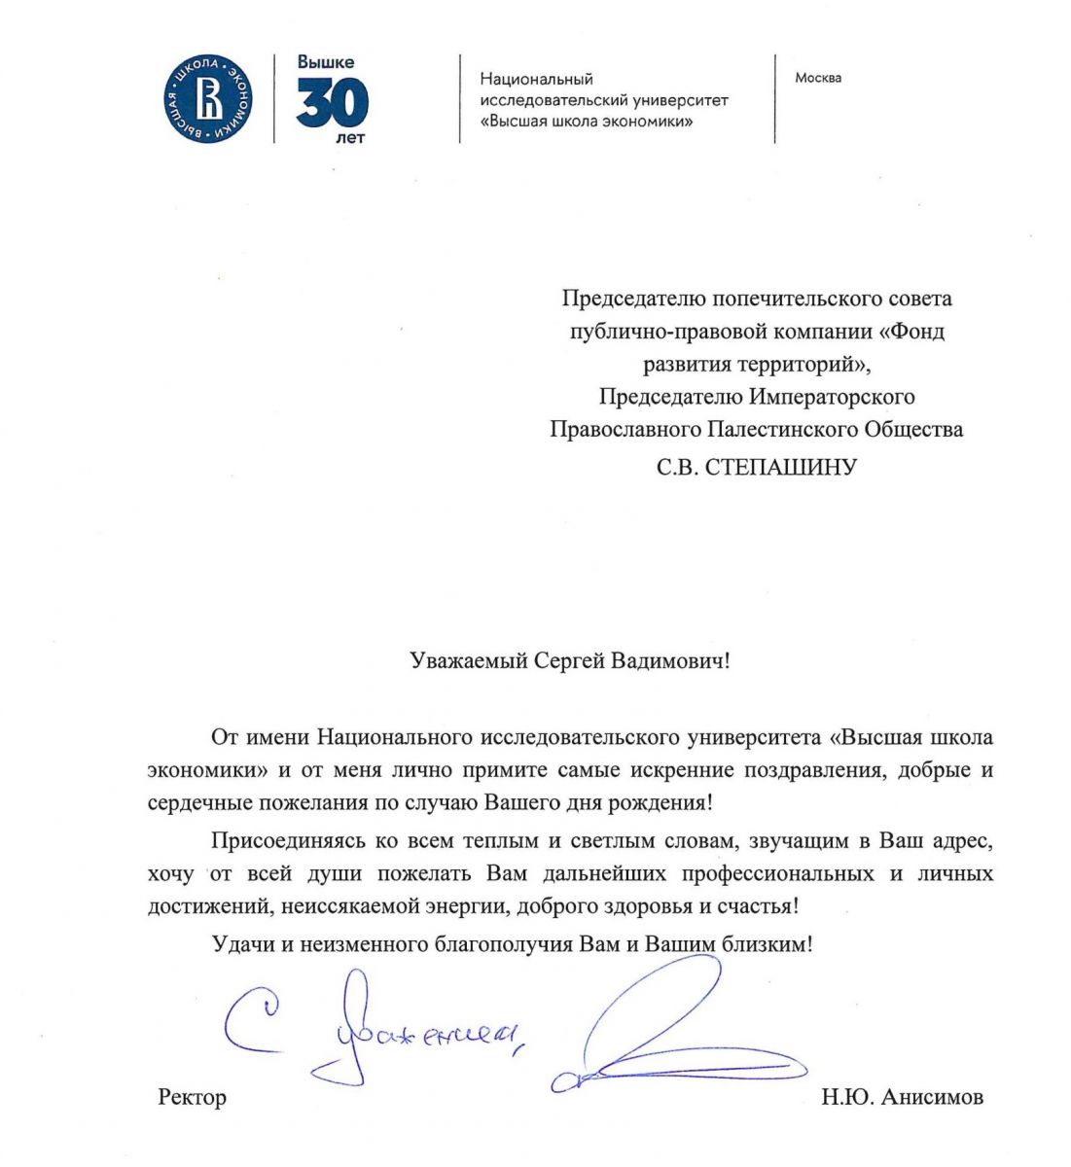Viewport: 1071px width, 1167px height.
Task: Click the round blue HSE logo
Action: point(210,99)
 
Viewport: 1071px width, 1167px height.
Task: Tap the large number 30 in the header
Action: point(332,102)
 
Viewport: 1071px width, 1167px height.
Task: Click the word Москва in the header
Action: point(818,78)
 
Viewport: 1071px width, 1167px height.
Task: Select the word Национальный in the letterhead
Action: point(536,79)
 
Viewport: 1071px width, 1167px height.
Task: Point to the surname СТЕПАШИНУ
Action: point(781,468)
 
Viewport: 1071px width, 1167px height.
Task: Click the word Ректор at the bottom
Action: point(192,1098)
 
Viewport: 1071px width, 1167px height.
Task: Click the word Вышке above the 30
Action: point(325,62)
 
